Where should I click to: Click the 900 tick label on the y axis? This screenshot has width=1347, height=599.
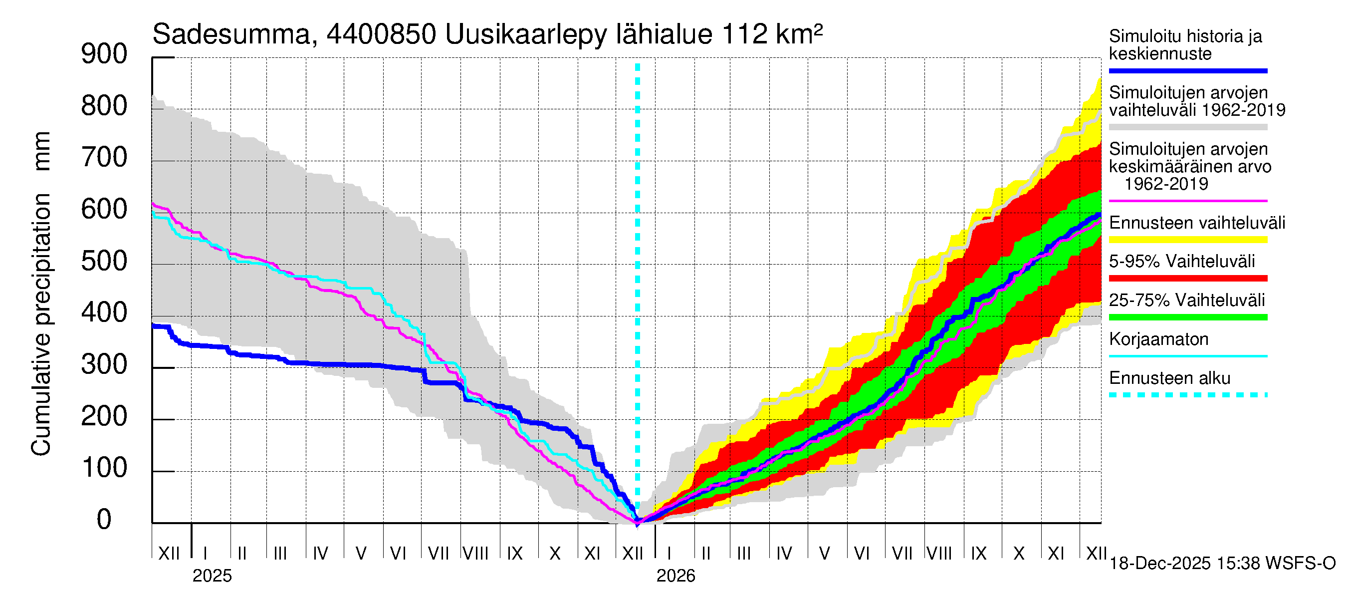[x=104, y=54]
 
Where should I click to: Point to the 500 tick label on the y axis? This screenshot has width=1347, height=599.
[x=104, y=261]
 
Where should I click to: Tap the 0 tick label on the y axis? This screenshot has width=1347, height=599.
[x=104, y=520]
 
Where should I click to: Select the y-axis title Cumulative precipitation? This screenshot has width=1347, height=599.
[x=41, y=324]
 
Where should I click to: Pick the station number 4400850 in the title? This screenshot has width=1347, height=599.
[x=381, y=35]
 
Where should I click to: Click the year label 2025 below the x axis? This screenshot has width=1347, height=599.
[x=212, y=576]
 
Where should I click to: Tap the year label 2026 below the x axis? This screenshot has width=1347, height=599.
[x=675, y=576]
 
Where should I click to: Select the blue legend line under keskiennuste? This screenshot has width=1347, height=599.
[x=1188, y=70]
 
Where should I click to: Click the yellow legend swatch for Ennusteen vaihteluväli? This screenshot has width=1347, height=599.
[x=1188, y=240]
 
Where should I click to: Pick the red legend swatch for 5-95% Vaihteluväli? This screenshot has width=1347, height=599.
[x=1188, y=279]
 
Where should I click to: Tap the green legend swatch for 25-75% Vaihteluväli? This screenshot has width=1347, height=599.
[x=1188, y=317]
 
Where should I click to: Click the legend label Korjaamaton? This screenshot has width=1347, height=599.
[x=1159, y=339]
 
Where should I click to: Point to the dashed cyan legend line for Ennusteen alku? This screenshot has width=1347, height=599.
[x=1188, y=395]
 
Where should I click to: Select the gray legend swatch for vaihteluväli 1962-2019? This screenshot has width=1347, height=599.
[x=1188, y=127]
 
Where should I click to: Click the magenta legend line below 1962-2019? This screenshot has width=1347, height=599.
[x=1188, y=201]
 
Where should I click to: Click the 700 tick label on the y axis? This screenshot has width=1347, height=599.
[x=104, y=158]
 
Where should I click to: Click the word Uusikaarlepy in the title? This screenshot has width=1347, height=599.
[x=526, y=35]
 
